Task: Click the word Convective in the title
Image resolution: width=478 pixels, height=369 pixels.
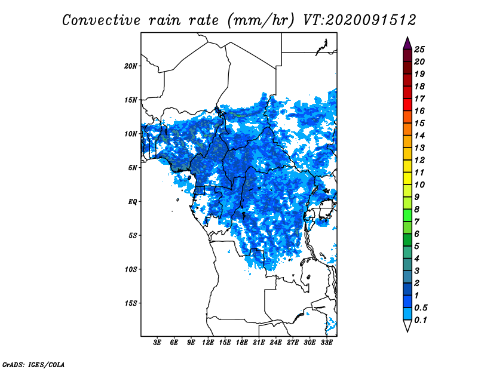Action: pyautogui.click(x=101, y=20)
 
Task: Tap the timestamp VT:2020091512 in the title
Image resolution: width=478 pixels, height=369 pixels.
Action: pyautogui.click(x=360, y=20)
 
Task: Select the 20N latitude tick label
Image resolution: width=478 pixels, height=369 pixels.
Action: pyautogui.click(x=131, y=66)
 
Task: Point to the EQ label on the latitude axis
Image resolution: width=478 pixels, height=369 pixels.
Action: pyautogui.click(x=133, y=202)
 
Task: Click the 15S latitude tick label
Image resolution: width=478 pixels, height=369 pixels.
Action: pyautogui.click(x=131, y=303)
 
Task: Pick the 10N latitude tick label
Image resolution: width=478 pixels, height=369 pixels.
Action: pyautogui.click(x=131, y=134)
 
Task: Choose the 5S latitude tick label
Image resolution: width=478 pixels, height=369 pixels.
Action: pyautogui.click(x=133, y=235)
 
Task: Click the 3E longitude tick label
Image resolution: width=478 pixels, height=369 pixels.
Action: pyautogui.click(x=157, y=343)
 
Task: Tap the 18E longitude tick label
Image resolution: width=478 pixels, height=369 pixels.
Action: pyautogui.click(x=242, y=343)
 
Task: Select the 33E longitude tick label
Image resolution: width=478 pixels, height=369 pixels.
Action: pyautogui.click(x=326, y=343)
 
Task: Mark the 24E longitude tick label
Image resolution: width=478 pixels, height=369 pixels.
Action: pyautogui.click(x=275, y=343)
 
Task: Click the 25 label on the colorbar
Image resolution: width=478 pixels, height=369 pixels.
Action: pyautogui.click(x=419, y=50)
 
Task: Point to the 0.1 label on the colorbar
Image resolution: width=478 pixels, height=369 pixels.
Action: pyautogui.click(x=421, y=320)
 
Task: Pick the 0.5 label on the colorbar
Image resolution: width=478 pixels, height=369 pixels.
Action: pyautogui.click(x=421, y=307)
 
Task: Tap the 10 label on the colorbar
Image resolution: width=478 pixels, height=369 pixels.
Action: pyautogui.click(x=419, y=184)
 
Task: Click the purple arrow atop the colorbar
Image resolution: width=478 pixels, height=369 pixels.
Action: pyautogui.click(x=407, y=43)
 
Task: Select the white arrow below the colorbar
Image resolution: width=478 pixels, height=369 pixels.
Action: pyautogui.click(x=407, y=326)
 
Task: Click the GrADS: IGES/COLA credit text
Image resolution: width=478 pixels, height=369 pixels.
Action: pyautogui.click(x=33, y=365)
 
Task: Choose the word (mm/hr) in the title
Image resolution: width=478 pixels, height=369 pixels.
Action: pyautogui.click(x=261, y=20)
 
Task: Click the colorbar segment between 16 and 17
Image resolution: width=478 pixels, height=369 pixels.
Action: pyautogui.click(x=407, y=105)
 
